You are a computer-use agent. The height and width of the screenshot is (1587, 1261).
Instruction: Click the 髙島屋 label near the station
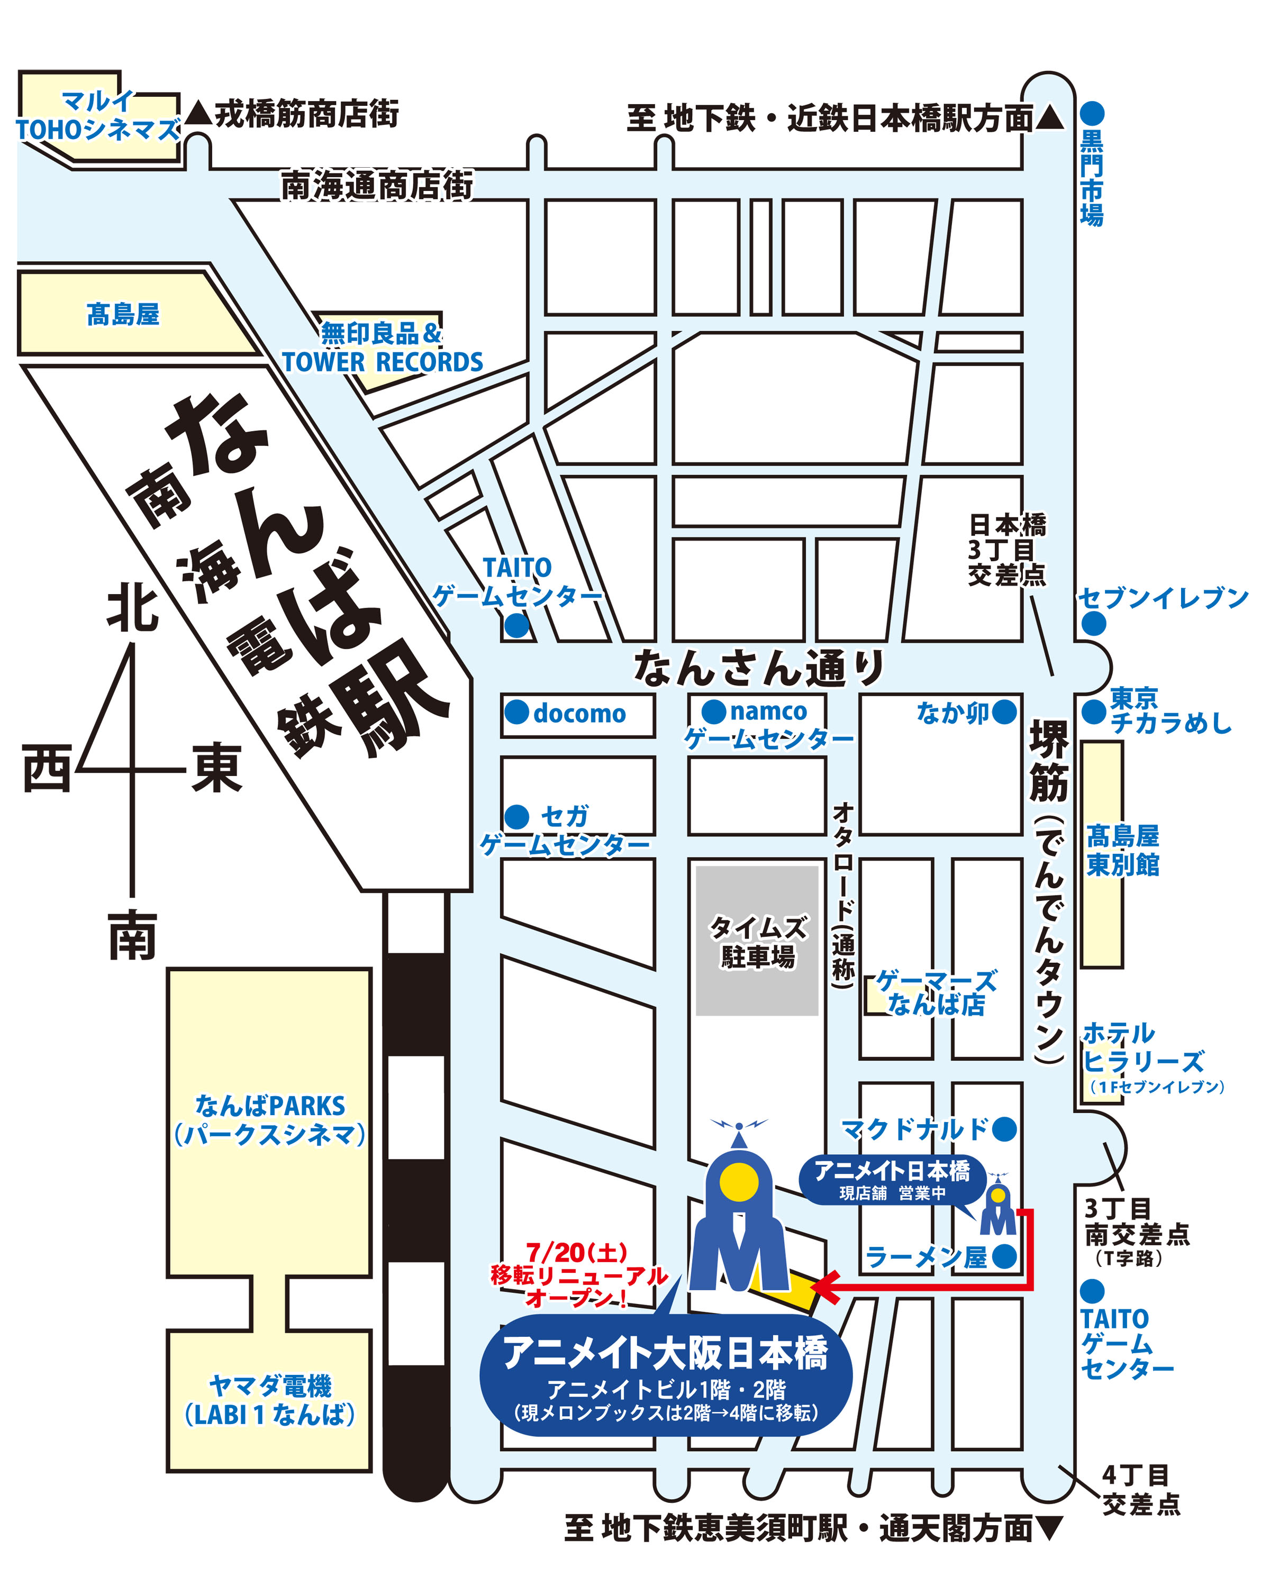(123, 314)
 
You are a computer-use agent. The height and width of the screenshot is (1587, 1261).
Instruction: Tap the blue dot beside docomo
(517, 712)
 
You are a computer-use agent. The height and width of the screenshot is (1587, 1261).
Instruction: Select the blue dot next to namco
(713, 711)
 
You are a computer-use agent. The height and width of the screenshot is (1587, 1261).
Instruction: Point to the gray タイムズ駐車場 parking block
(757, 940)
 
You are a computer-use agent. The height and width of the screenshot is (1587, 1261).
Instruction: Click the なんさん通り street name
(758, 668)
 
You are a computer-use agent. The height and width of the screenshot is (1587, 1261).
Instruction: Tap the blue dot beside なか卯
(1004, 712)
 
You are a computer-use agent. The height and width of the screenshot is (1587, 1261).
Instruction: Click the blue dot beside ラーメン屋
(1004, 1256)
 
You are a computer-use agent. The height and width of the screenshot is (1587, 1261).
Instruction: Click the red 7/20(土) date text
(576, 1251)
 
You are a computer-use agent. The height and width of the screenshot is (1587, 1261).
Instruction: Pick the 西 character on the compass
(47, 768)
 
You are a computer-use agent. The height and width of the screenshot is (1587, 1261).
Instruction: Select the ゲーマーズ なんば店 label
(936, 992)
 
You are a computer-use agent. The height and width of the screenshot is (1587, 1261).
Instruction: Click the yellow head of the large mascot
(738, 1183)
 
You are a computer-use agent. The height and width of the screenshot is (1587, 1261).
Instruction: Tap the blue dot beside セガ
(517, 816)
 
